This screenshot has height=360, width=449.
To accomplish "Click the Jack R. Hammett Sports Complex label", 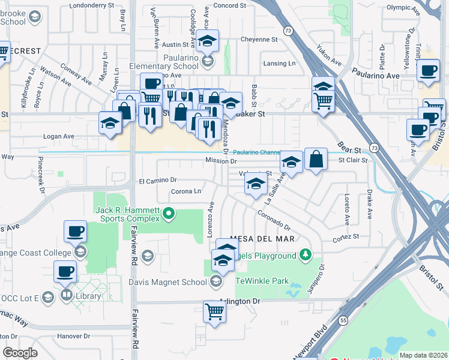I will [x=129, y=214].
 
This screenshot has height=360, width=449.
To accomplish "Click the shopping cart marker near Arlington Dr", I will [x=214, y=311].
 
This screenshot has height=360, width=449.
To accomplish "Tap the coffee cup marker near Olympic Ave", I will [x=429, y=71].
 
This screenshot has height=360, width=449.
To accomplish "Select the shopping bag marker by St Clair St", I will [x=316, y=159].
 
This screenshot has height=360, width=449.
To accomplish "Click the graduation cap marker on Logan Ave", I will [x=110, y=123].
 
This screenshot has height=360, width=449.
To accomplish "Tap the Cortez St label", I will [x=347, y=236].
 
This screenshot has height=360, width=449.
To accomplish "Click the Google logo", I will [x=20, y=353].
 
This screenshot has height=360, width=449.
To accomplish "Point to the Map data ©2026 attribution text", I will [x=424, y=355].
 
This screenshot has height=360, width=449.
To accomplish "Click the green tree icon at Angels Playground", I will [x=306, y=256].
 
